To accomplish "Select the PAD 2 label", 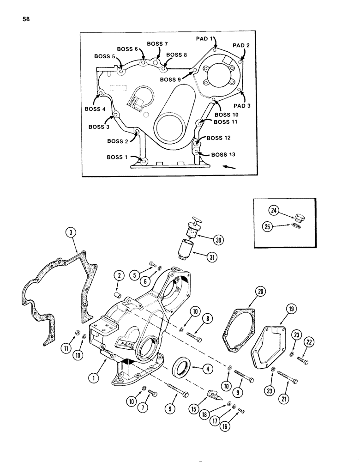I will click(x=241, y=45).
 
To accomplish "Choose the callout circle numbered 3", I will click(x=71, y=233).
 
